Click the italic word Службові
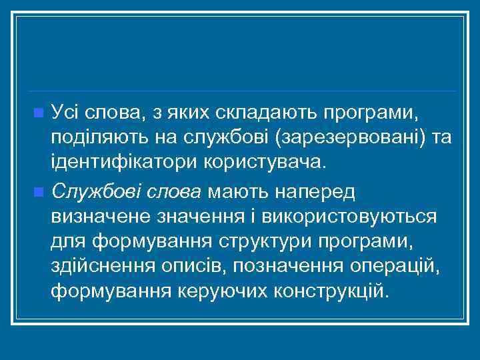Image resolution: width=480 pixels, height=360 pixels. click(x=99, y=193)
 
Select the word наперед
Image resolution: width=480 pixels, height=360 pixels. click(x=315, y=193)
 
